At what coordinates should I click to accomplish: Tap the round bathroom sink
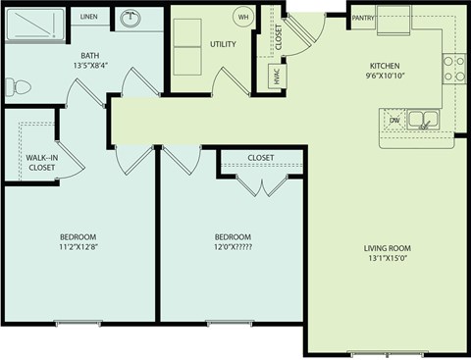coord(130,19)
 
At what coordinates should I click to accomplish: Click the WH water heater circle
coord(243,18)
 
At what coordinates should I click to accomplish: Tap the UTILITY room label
coord(223,44)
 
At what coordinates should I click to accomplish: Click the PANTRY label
coord(362,18)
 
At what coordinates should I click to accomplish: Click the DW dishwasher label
coord(394,121)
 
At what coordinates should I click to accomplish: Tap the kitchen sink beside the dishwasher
coord(422,121)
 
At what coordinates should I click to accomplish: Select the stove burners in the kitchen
coord(454,68)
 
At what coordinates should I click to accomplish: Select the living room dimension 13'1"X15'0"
coord(390,260)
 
